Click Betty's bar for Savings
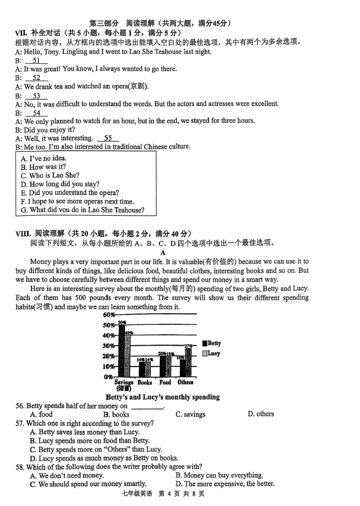122,350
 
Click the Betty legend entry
210,343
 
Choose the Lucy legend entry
210,354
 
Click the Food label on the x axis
165,382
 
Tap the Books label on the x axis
145,382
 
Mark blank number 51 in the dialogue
36,61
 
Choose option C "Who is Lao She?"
50,175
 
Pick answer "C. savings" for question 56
190,414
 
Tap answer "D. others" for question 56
261,414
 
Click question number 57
20,423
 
